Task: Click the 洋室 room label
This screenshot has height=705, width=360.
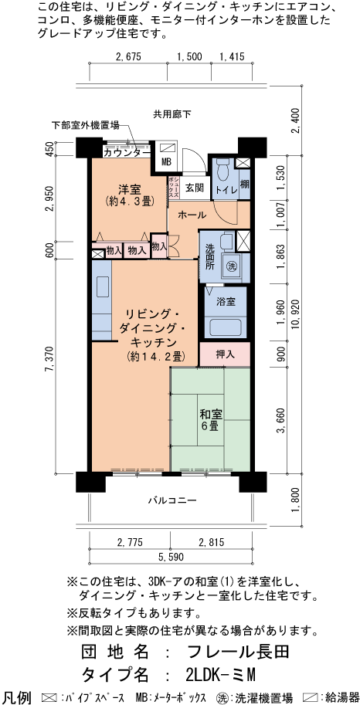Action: [x=128, y=188]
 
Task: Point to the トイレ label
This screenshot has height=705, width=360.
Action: [x=226, y=187]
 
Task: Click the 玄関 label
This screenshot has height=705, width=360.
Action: [x=194, y=187]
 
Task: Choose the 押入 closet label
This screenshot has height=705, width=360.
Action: [x=225, y=354]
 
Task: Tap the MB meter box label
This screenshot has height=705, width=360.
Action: [x=166, y=161]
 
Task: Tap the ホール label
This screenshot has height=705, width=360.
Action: [x=191, y=215]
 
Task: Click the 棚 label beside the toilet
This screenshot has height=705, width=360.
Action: [x=243, y=184]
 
